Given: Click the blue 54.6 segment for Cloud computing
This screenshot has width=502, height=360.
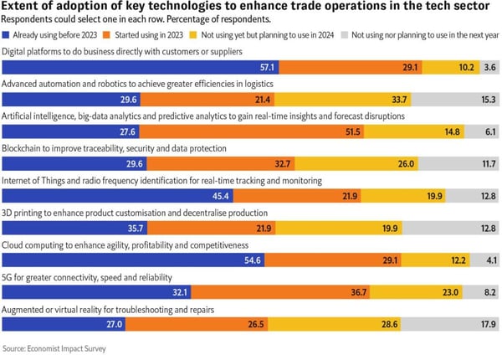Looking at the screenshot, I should click(x=134, y=260).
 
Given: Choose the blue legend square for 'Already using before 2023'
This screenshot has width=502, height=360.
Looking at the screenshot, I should click(x=8, y=36).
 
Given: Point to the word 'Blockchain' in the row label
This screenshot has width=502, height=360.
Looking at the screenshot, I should click(x=23, y=148).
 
